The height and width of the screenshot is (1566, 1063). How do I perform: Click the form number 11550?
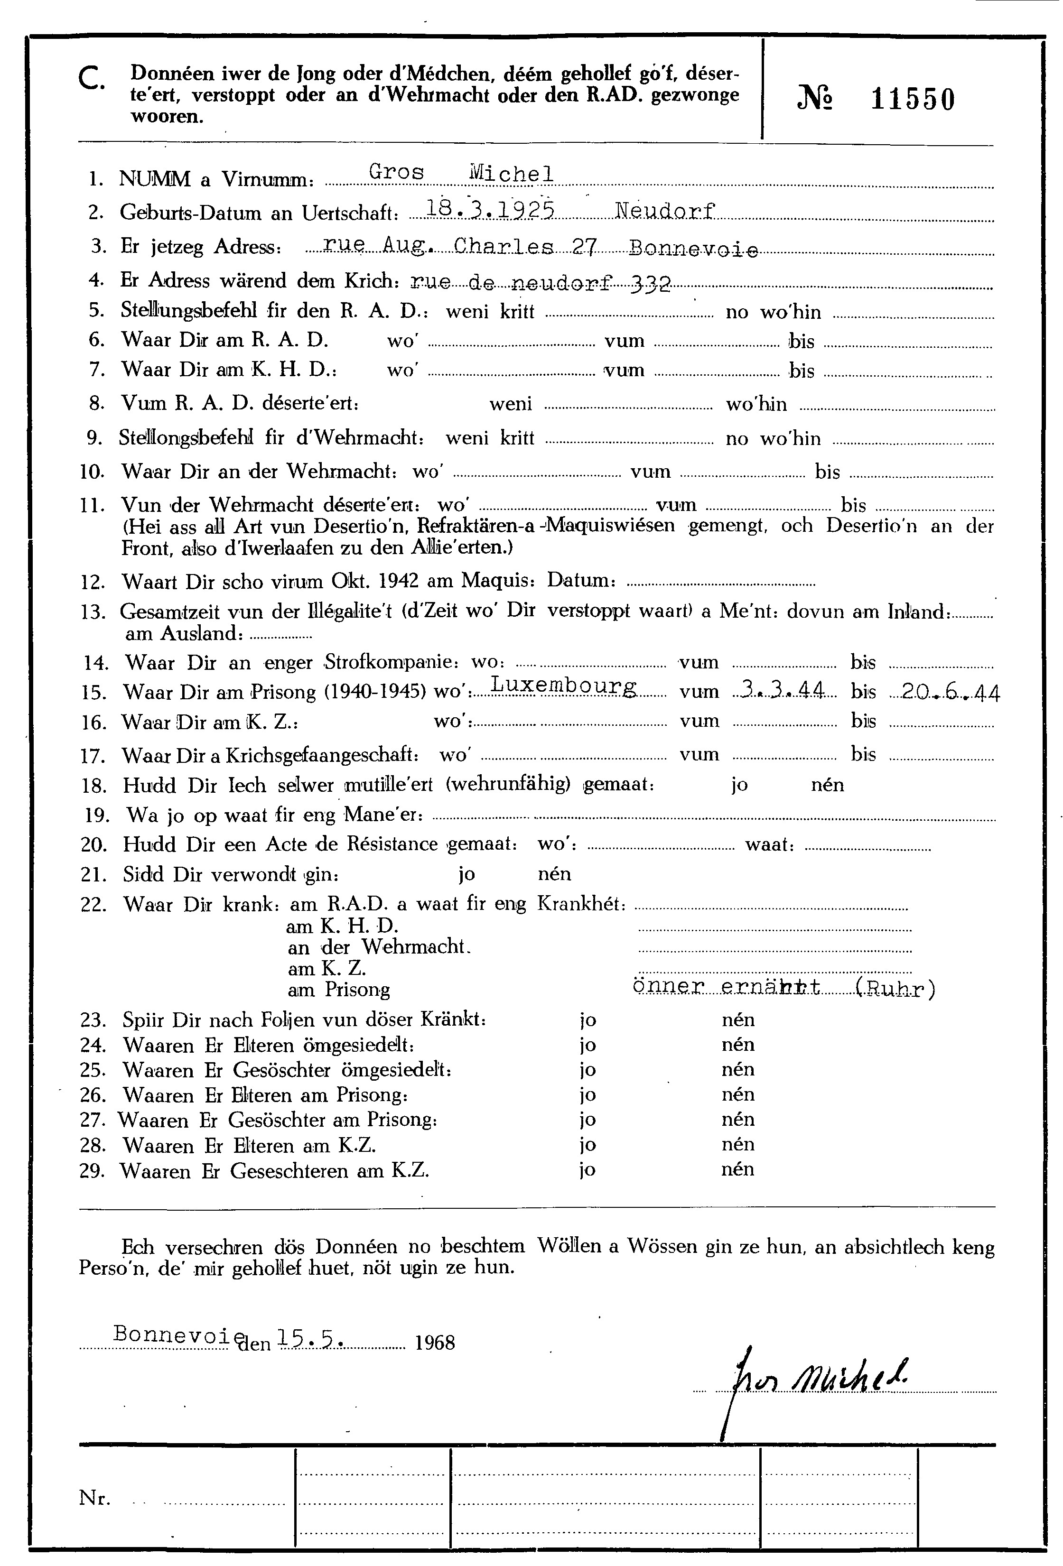[913, 100]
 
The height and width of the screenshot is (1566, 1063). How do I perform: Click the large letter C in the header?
[90, 82]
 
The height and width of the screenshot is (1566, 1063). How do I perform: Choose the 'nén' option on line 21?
[554, 874]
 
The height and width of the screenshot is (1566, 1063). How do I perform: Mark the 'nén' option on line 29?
[737, 1168]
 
